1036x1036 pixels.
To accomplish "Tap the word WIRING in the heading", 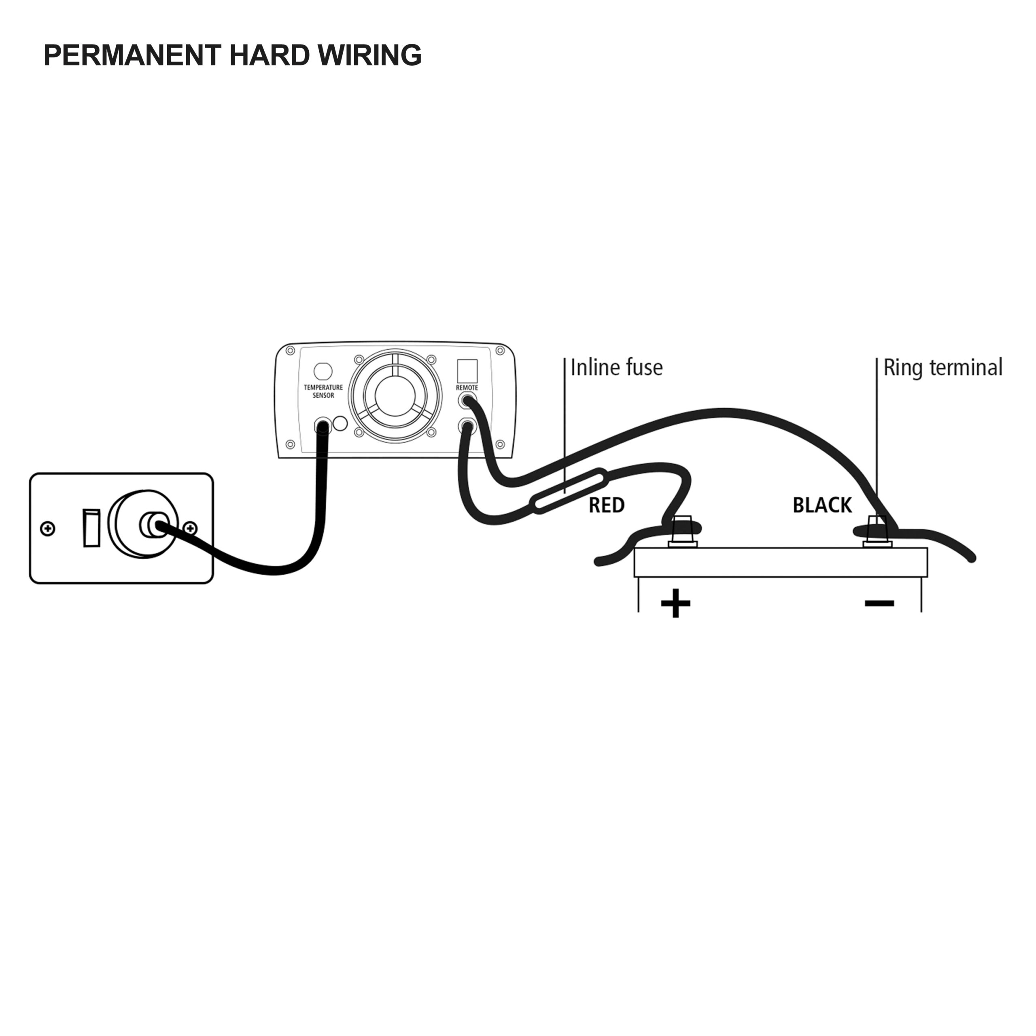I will point(370,55).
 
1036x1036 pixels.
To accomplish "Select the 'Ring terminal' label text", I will point(942,368).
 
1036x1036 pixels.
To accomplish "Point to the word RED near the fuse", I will point(607,505).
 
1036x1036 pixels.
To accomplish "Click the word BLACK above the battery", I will point(822,505).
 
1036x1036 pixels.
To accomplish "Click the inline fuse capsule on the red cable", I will point(569,490).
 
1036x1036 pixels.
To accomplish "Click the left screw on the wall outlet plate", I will point(48,529).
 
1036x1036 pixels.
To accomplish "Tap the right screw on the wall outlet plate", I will point(190,529).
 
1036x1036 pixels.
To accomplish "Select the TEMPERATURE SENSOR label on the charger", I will point(323,391).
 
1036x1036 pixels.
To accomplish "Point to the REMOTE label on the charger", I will point(467,388).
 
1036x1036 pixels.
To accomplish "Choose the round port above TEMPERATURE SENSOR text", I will point(323,371).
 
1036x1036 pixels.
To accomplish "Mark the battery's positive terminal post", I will point(682,531).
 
